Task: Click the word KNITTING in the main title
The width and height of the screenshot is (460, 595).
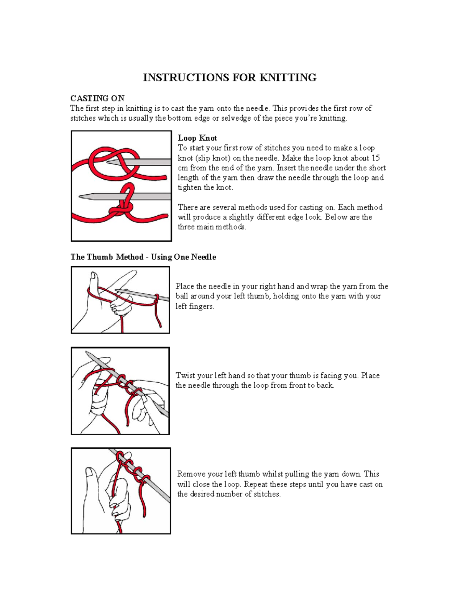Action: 288,78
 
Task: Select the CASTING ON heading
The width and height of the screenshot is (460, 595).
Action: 97,98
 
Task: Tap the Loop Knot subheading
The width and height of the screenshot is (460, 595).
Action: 197,138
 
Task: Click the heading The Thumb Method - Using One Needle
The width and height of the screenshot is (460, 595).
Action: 143,257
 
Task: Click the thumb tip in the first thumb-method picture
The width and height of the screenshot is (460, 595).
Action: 93,275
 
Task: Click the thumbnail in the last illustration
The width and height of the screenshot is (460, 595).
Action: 89,472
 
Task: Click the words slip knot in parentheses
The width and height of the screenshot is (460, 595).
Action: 212,158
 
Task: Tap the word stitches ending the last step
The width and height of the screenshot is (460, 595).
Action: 267,494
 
